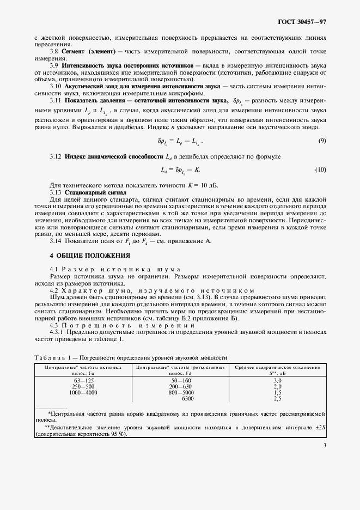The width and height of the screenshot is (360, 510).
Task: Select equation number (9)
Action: point(322,141)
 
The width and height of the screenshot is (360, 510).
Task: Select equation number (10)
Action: point(321,171)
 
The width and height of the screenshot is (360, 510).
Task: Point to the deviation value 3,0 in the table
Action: point(277,380)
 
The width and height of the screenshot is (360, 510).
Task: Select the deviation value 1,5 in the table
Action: point(277,392)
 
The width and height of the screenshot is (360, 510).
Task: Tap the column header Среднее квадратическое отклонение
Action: point(277,368)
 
